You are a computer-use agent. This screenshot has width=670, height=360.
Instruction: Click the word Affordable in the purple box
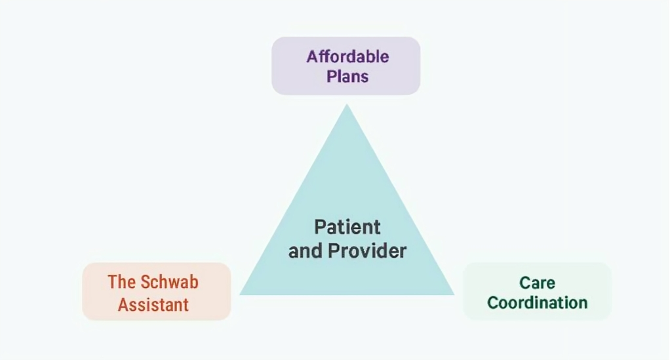[347, 56]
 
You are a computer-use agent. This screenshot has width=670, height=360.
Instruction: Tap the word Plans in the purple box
[347, 76]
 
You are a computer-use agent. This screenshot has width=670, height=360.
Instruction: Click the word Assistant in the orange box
[153, 304]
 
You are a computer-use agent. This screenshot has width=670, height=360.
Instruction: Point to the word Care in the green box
[537, 283]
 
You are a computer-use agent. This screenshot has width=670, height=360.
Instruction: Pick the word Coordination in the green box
[537, 303]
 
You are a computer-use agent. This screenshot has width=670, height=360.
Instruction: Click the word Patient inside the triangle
[347, 227]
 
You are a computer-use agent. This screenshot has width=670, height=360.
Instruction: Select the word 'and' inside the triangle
[305, 250]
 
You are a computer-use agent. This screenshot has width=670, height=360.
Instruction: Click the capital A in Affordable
[311, 56]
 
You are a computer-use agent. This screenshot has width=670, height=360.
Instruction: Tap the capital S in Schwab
[146, 282]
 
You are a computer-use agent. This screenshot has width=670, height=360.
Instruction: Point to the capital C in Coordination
[492, 303]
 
